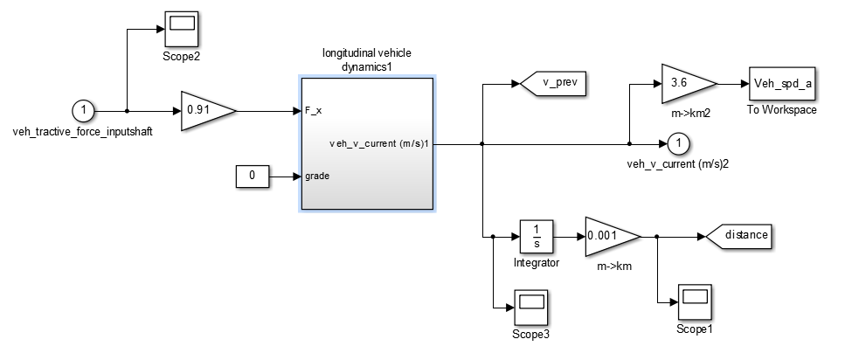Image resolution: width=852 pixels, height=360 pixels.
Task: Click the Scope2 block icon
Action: click(182, 30)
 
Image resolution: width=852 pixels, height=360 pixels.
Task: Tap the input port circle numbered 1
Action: click(83, 111)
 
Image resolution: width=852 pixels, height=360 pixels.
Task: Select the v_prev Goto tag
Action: click(552, 83)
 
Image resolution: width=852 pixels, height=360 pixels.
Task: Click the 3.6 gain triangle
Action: click(689, 84)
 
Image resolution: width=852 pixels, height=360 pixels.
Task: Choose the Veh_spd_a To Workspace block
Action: click(782, 84)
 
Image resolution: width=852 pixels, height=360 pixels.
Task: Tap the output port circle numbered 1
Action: click(677, 144)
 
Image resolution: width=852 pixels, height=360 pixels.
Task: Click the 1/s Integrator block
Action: click(537, 237)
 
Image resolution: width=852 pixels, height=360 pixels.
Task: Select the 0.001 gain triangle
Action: click(613, 237)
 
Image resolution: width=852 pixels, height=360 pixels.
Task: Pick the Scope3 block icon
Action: click(530, 308)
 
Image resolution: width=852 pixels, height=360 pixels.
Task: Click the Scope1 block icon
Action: click(695, 302)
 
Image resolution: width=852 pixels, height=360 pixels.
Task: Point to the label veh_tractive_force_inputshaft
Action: click(83, 133)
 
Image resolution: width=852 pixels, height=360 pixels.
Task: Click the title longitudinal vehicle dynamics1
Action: click(367, 59)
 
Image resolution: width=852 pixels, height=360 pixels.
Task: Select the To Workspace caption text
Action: click(782, 110)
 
